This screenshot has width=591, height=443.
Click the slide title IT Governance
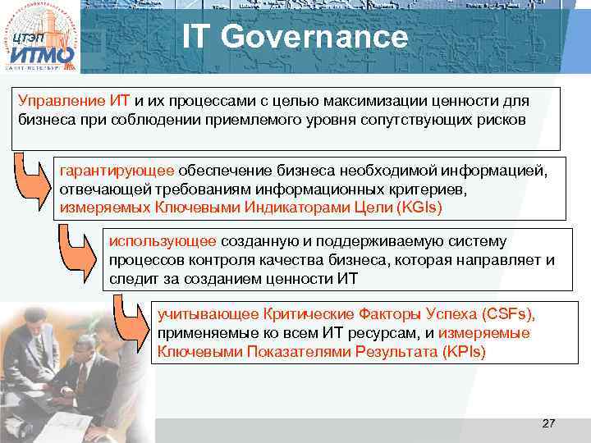pyautogui.click(x=295, y=37)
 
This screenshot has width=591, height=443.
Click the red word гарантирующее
pyautogui.click(x=117, y=170)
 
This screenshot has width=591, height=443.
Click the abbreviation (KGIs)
pyautogui.click(x=418, y=208)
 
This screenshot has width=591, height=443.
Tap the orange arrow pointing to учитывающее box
pyautogui.click(x=131, y=328)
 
